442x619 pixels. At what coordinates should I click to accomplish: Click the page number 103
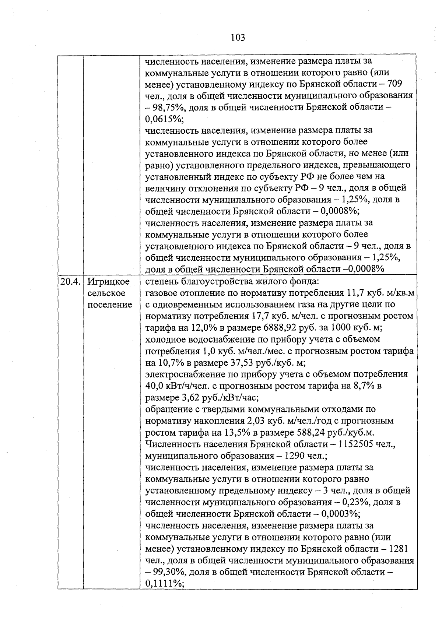tap(238, 37)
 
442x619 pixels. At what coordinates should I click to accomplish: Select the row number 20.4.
tap(70, 282)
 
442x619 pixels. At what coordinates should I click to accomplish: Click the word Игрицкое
tap(109, 282)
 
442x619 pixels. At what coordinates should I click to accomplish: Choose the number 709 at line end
tap(399, 84)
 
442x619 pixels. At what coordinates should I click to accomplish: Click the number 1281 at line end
tap(398, 549)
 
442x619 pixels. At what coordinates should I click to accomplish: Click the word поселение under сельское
tap(109, 305)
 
